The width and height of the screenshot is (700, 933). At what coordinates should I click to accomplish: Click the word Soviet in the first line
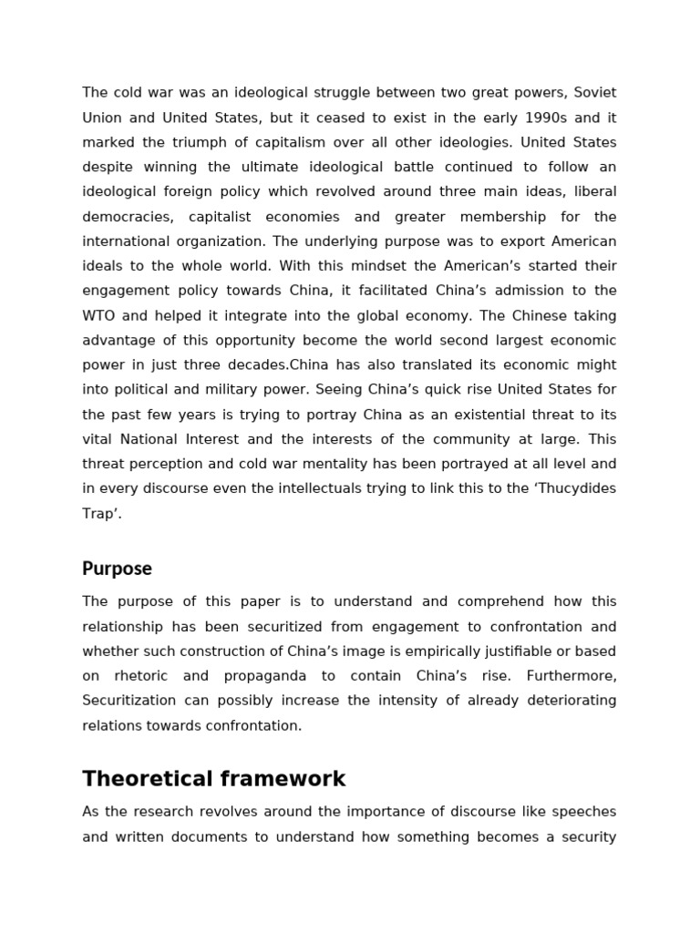(594, 93)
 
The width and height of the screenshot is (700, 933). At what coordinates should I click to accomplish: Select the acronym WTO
(98, 315)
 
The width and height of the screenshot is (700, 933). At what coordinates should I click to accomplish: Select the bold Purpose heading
(117, 569)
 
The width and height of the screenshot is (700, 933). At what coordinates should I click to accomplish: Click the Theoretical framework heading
(214, 779)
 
